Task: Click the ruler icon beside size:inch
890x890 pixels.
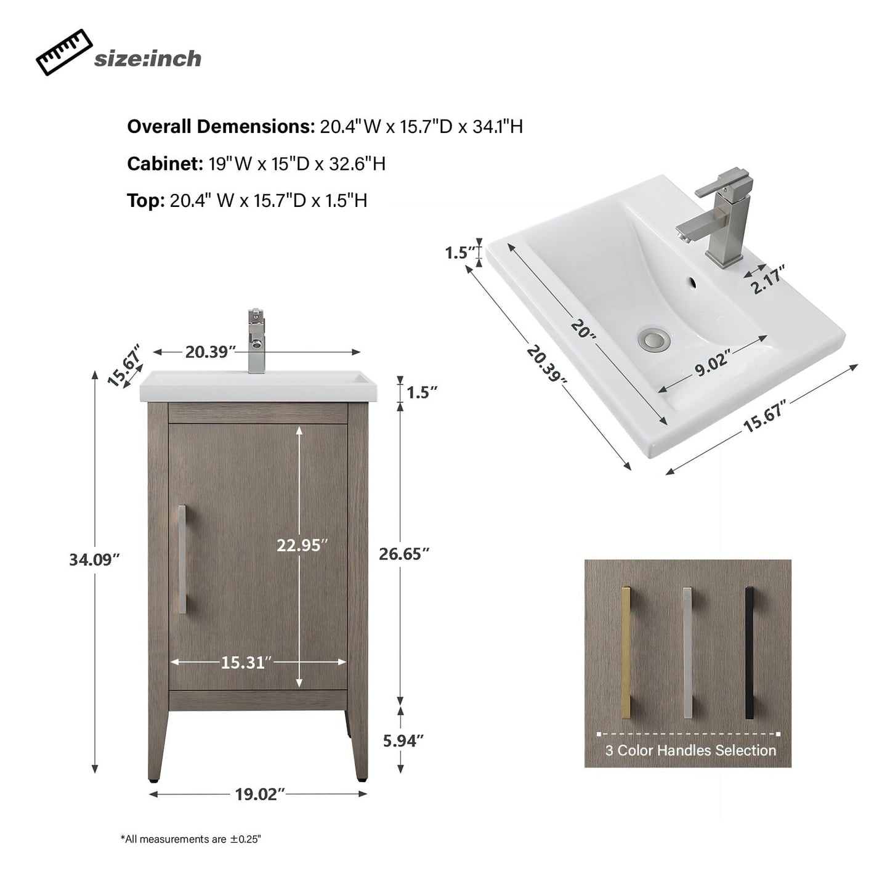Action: point(64,53)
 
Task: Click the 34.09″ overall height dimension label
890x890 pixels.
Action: point(94,560)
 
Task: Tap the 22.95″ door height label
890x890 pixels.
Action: point(302,545)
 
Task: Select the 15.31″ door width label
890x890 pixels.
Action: point(246,663)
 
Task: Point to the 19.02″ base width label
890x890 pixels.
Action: point(259,795)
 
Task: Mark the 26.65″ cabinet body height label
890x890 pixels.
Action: point(403,554)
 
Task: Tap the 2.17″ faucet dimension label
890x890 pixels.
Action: point(768,281)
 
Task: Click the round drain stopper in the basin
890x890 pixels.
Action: point(650,338)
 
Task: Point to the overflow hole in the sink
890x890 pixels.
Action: point(691,284)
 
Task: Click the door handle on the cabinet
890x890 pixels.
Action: point(182,559)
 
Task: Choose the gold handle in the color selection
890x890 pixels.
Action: point(626,652)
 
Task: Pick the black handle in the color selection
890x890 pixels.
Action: point(749,652)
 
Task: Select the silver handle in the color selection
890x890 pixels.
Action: point(688,652)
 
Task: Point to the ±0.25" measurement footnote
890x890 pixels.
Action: point(191,839)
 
